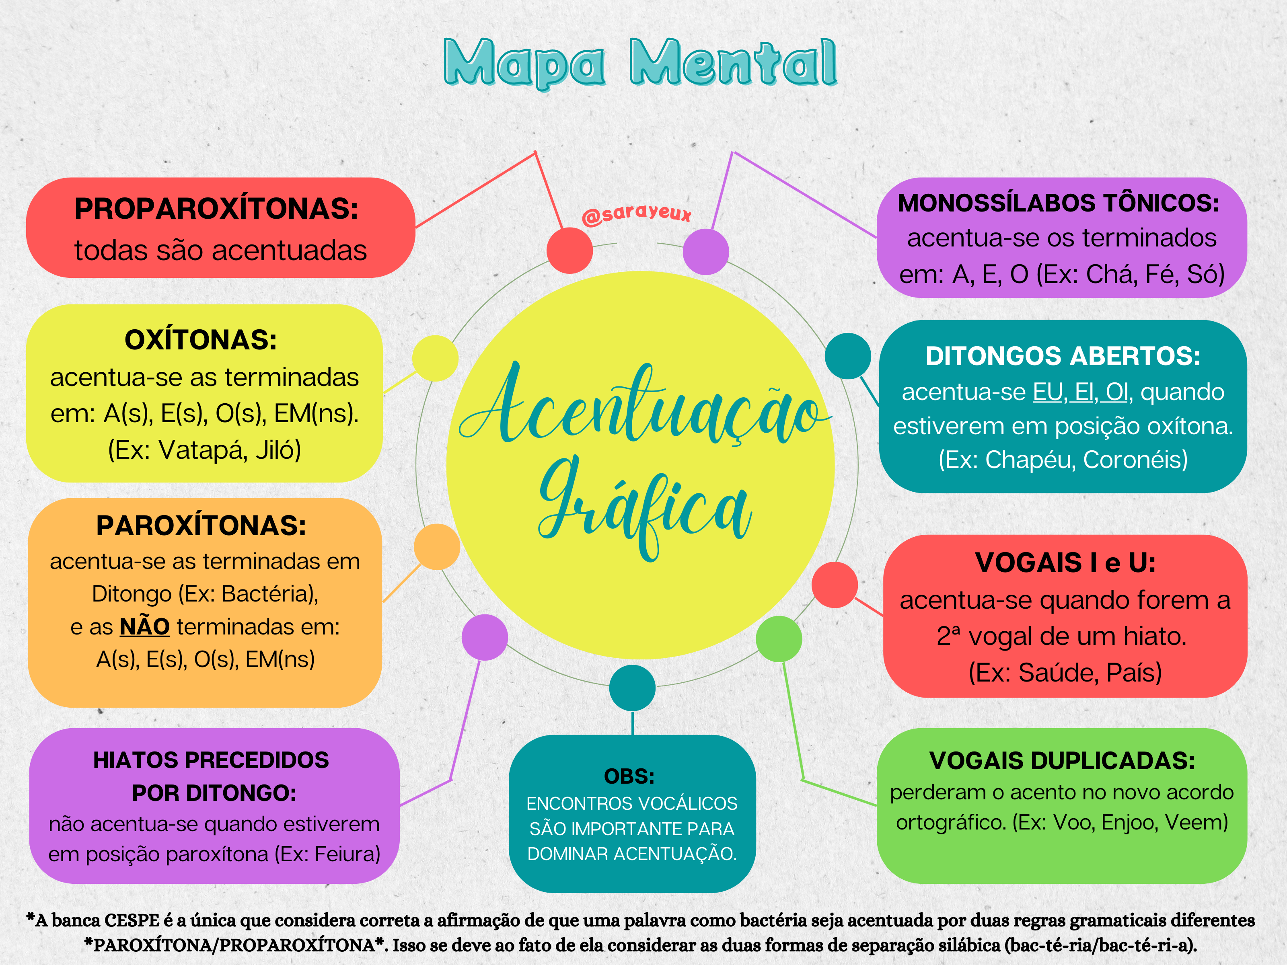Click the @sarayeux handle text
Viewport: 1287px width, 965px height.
click(x=637, y=214)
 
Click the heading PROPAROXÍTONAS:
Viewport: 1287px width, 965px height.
click(x=216, y=209)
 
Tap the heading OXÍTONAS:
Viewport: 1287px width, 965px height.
click(x=201, y=340)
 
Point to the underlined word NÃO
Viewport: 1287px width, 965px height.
click(x=144, y=627)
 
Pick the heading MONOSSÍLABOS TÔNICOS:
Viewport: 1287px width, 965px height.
click(x=1058, y=203)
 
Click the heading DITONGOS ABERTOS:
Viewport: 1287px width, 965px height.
click(x=1063, y=356)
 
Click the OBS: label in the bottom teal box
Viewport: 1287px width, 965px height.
click(x=629, y=776)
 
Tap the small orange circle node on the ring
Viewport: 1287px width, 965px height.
click(x=436, y=547)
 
